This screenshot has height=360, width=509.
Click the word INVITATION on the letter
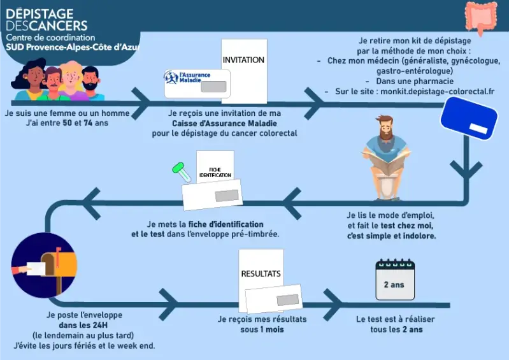(243, 60)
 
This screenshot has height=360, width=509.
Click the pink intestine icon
(481, 17)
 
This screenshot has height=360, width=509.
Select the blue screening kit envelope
(469, 119)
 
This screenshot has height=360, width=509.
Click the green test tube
(182, 172)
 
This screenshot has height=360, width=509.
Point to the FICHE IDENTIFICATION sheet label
(215, 173)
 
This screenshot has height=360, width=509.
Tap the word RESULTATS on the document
(261, 273)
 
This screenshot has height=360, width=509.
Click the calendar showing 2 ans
(395, 280)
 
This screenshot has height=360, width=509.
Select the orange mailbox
(59, 264)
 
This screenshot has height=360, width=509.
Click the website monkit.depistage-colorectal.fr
(437, 92)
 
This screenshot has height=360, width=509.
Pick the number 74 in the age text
(88, 123)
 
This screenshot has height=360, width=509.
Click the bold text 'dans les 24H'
(83, 325)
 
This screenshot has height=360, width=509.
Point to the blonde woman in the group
(72, 80)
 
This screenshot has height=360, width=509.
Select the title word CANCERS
(61, 25)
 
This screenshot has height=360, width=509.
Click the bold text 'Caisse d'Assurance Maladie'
(225, 124)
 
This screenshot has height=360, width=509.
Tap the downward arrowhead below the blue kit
(466, 169)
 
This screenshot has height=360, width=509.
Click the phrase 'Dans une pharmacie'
(415, 81)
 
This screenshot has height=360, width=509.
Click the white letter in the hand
(36, 268)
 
